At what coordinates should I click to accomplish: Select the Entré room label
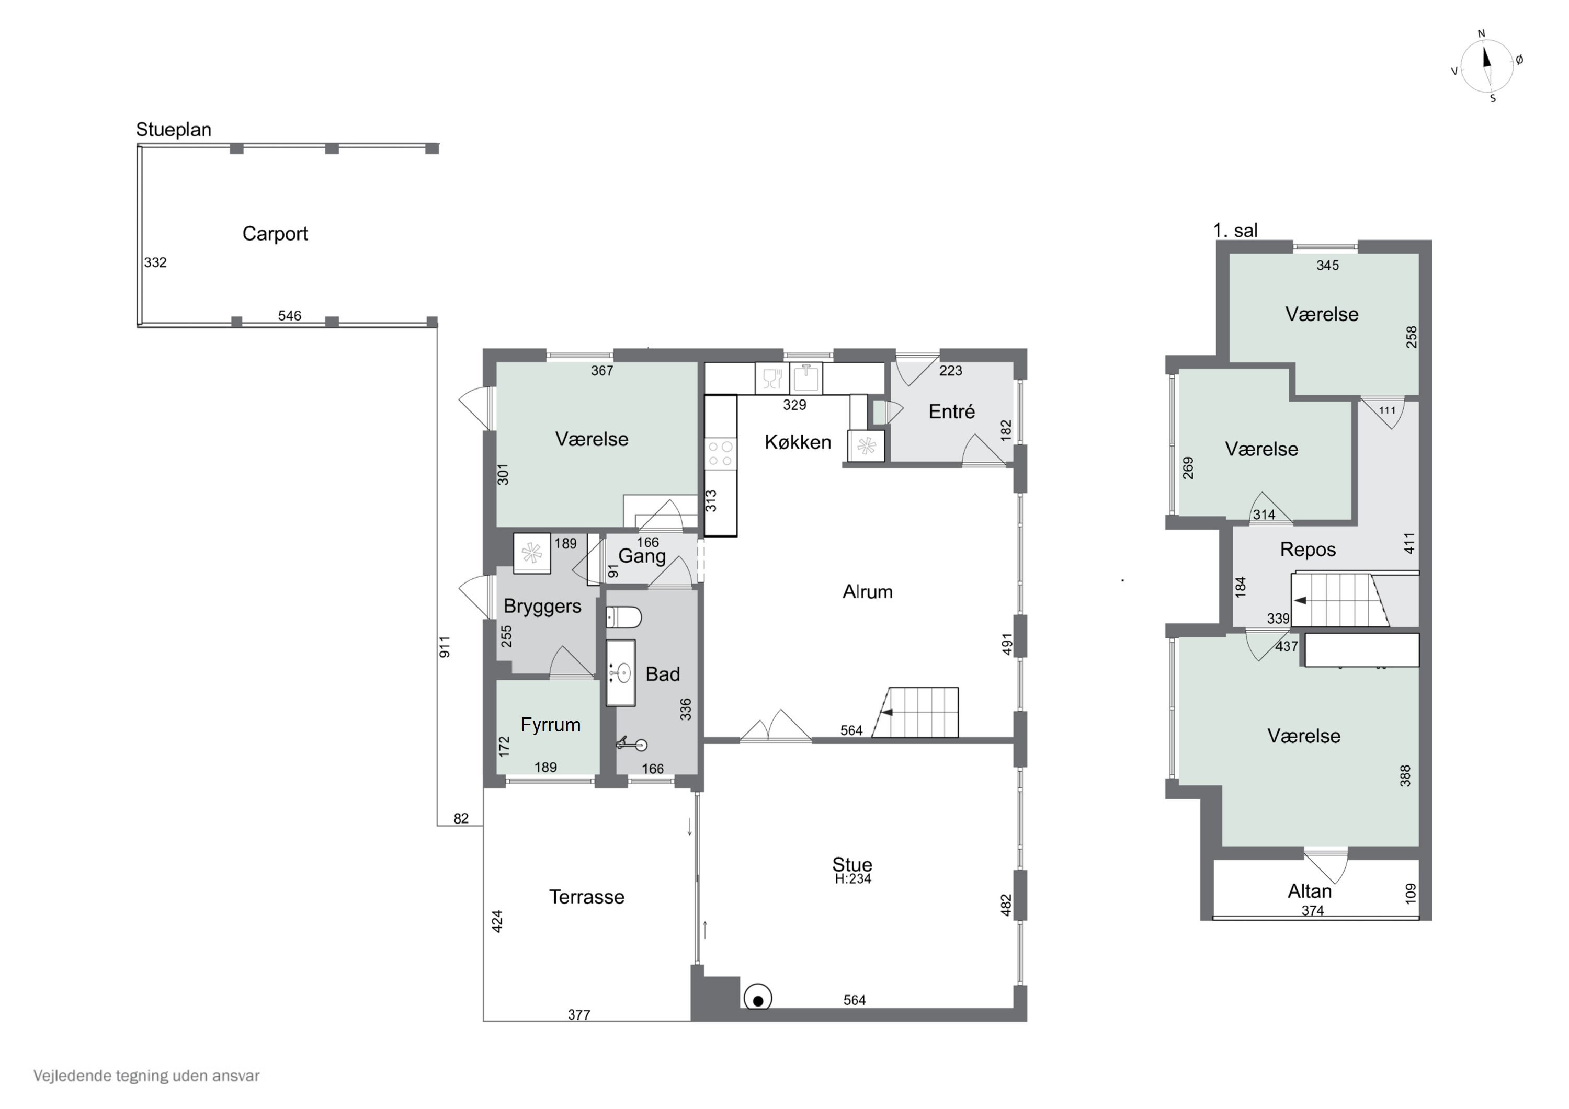click(x=951, y=411)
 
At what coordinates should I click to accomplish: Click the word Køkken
click(x=798, y=442)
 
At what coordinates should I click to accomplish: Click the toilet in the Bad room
click(x=623, y=618)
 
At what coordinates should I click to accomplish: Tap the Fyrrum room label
click(x=550, y=725)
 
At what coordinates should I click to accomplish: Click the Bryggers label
click(x=542, y=607)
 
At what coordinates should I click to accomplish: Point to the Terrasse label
click(x=586, y=897)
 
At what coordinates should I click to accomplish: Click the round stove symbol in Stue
click(x=757, y=998)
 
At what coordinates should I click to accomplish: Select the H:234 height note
click(x=853, y=879)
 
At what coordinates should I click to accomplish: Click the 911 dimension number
click(x=444, y=647)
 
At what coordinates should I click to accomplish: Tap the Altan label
click(x=1309, y=891)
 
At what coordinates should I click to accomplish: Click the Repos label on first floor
click(x=1307, y=550)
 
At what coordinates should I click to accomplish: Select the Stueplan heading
click(x=174, y=130)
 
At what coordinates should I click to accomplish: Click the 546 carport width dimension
click(x=289, y=316)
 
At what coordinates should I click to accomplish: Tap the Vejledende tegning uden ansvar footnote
click(x=146, y=1076)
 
